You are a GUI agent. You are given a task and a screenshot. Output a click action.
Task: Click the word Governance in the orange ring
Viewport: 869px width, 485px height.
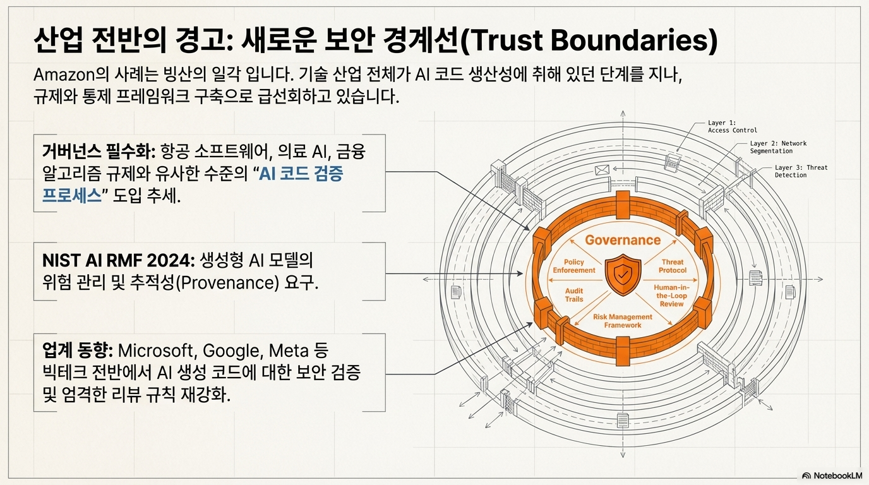coord(622,240)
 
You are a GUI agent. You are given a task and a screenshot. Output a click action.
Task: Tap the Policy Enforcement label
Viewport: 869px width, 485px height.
coord(574,266)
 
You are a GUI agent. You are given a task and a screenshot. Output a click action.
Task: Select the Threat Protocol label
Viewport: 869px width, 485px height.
coord(673,266)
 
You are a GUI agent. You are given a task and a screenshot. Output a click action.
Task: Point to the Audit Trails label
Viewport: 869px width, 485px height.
coord(574,295)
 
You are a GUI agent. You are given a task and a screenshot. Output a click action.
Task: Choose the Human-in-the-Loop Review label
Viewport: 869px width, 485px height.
coord(671,296)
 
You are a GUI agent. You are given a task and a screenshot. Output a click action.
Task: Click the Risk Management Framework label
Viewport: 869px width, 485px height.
coord(622,321)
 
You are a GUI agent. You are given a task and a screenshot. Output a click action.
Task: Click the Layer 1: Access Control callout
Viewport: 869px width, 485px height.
coord(732,126)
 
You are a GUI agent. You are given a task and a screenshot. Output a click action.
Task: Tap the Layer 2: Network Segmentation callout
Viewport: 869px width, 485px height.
coord(778,147)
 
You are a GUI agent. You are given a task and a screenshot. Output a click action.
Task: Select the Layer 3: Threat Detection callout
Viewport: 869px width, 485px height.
coord(800,171)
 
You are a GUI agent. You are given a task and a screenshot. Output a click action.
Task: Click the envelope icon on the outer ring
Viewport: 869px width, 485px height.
coord(601,169)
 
